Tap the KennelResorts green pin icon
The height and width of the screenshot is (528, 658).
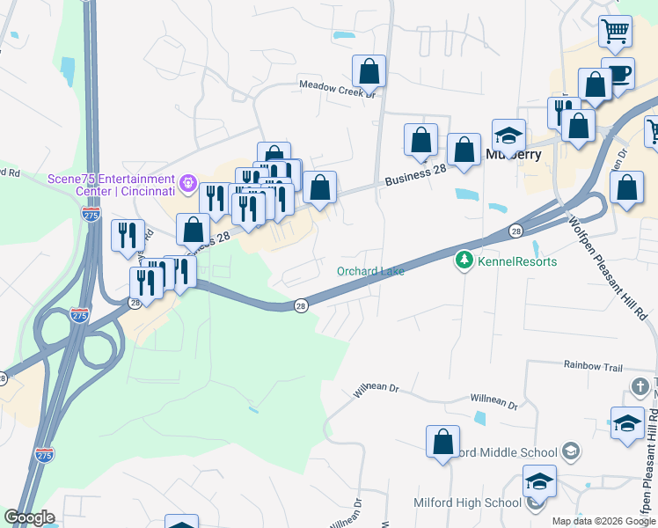464,260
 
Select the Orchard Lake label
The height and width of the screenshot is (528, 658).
370,271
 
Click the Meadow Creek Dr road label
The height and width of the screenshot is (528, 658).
338,87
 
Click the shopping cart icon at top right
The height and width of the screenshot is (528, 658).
615,33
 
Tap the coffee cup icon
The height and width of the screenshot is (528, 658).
618,74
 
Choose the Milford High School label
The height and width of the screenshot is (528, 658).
467,502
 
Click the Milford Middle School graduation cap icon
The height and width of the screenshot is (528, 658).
571,451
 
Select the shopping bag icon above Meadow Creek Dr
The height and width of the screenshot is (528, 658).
369,70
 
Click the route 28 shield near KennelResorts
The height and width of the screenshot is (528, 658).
515,231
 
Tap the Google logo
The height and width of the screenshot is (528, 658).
29,517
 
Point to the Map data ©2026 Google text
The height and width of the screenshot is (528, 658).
604,521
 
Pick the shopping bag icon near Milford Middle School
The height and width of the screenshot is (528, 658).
443,442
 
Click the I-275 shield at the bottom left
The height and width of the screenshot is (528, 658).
45,454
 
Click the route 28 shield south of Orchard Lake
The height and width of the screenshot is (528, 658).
301,305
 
